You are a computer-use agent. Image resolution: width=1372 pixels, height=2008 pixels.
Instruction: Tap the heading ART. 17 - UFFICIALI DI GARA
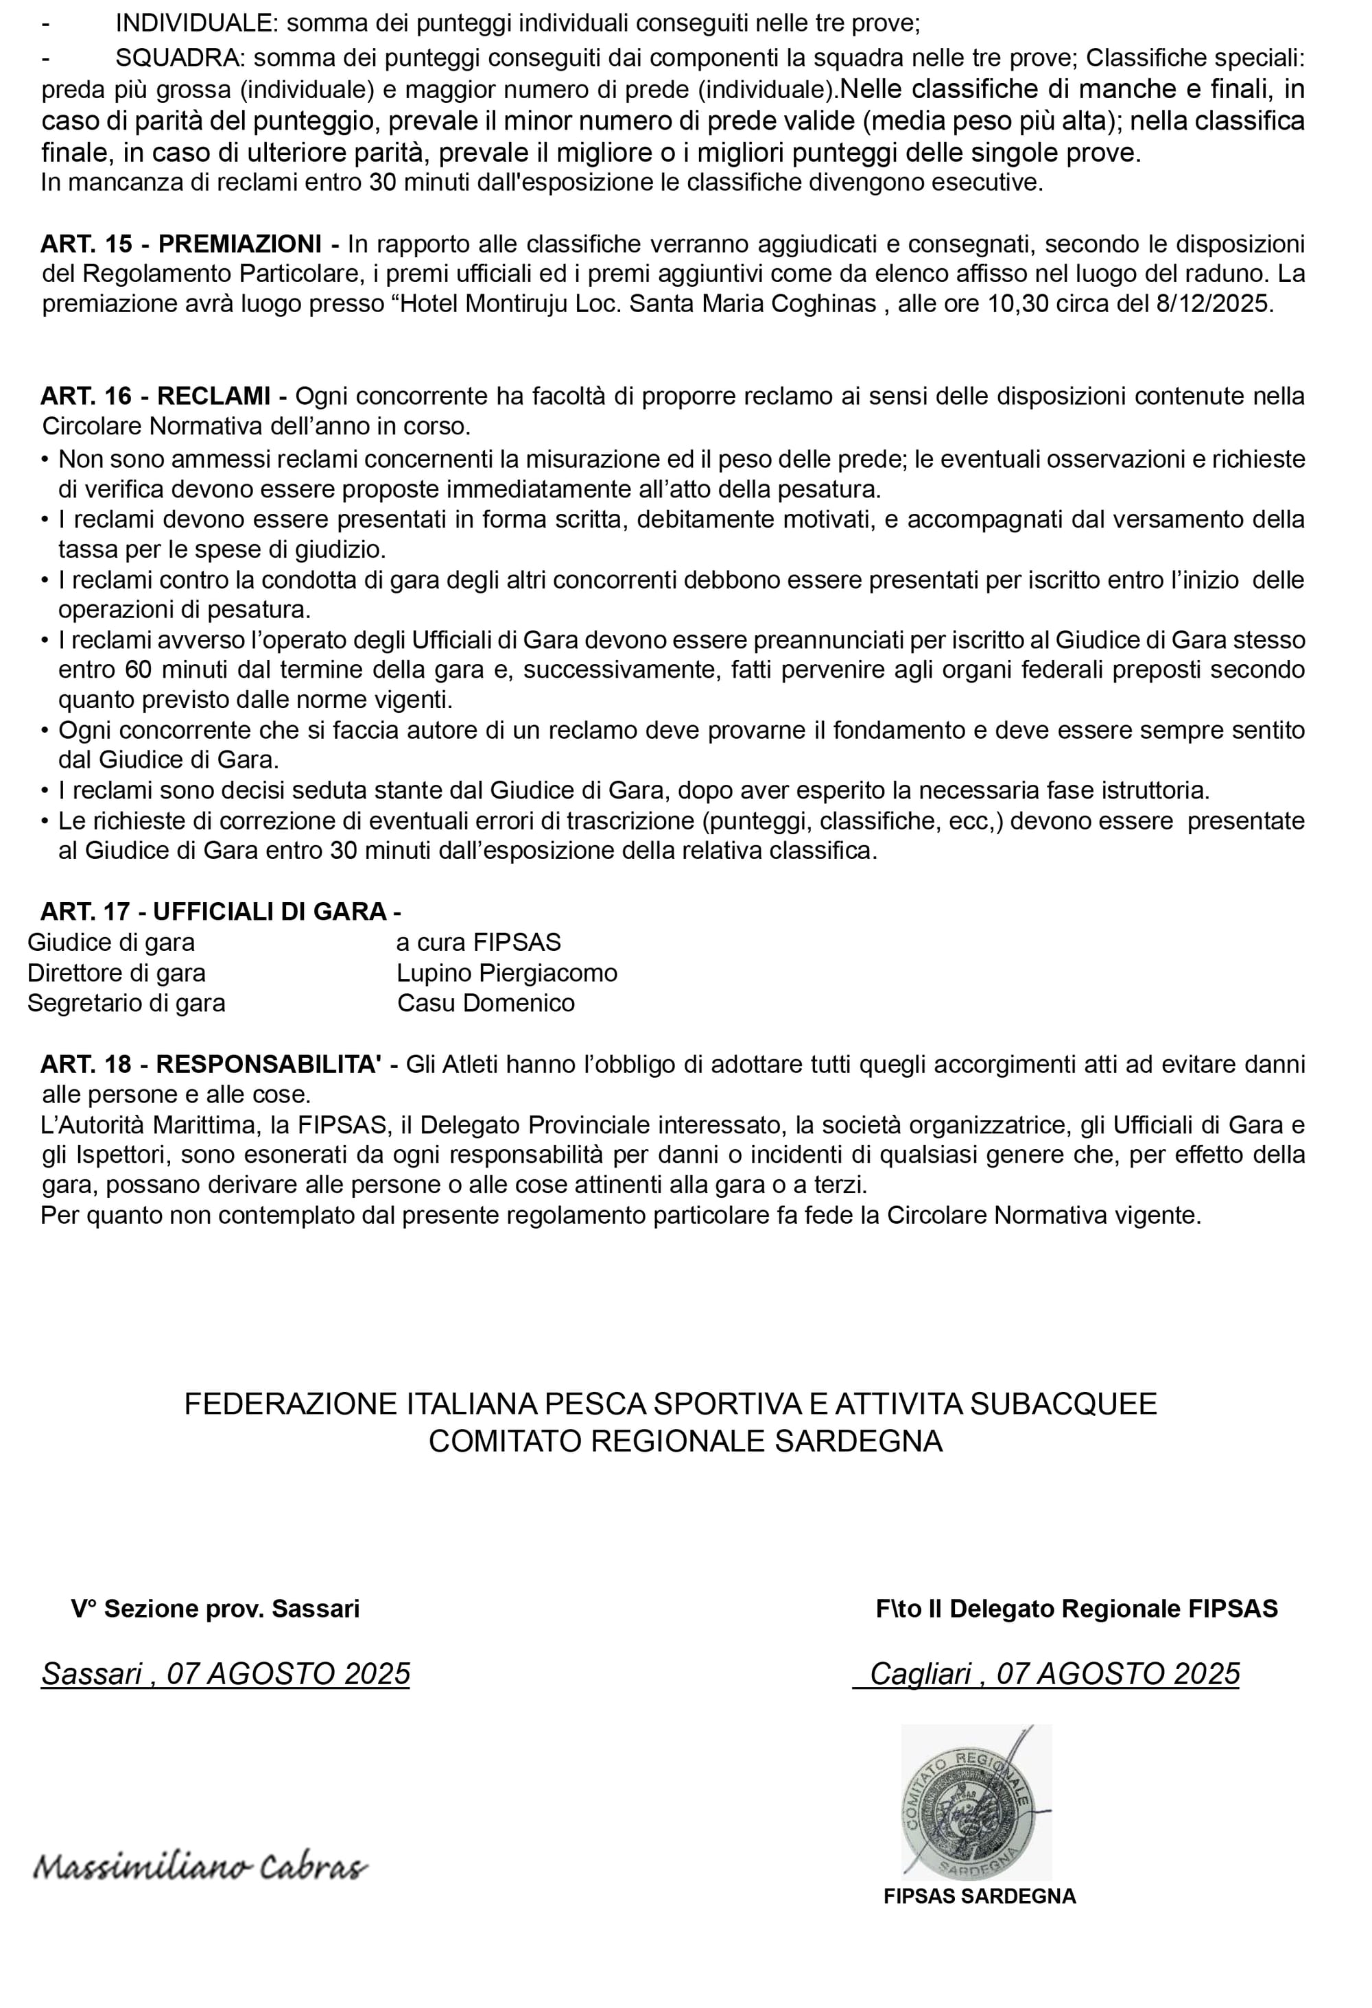pyautogui.click(x=220, y=912)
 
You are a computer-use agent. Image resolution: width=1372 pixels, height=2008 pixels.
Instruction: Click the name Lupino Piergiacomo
pyautogui.click(x=507, y=973)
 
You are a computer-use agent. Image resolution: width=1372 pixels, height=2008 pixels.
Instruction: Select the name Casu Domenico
pyautogui.click(x=486, y=1003)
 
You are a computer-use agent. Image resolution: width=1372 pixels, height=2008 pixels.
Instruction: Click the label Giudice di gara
pyautogui.click(x=111, y=943)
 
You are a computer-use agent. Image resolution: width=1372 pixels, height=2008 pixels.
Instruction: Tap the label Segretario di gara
pyautogui.click(x=126, y=1003)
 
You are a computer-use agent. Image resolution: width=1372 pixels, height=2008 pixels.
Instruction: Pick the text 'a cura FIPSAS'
pyautogui.click(x=479, y=943)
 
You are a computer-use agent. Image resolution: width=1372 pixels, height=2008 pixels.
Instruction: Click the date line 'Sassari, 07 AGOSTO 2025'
pyautogui.click(x=226, y=1675)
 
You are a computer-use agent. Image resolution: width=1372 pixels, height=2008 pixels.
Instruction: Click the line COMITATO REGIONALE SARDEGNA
pyautogui.click(x=685, y=1441)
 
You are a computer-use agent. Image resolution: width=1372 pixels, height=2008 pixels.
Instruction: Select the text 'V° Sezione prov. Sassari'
pyautogui.click(x=215, y=1609)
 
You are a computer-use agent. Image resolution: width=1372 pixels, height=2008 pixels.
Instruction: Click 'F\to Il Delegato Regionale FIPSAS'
pyautogui.click(x=1076, y=1609)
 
